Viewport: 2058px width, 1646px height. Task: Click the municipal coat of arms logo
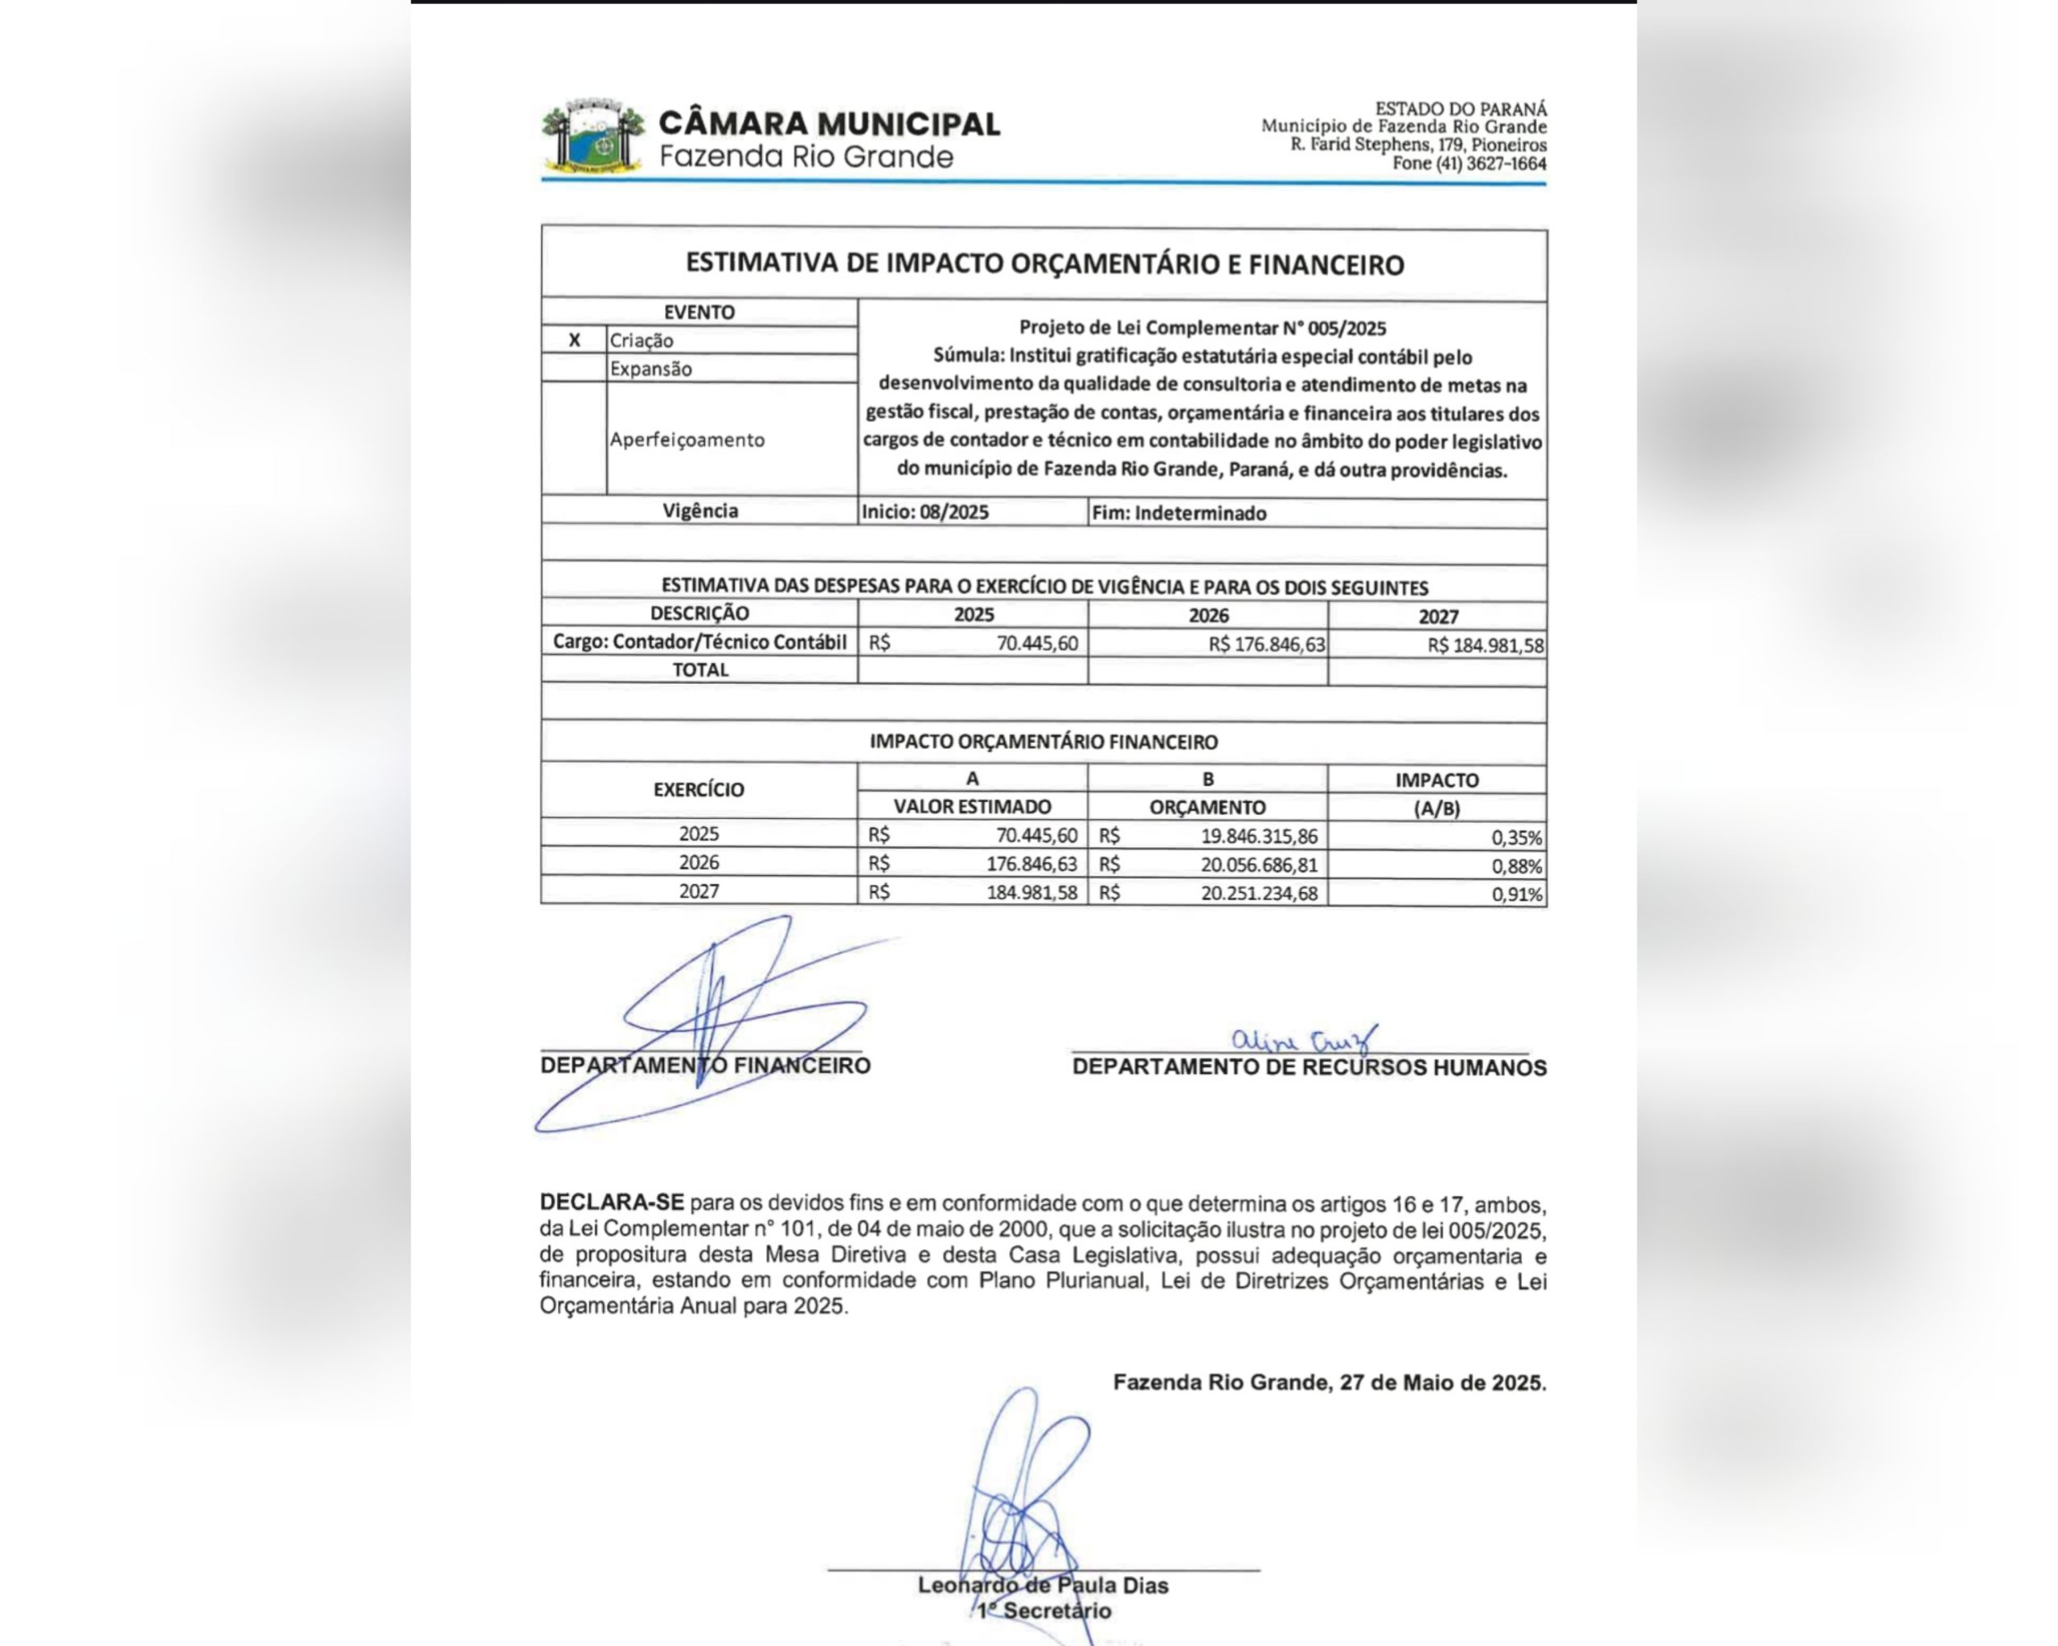592,137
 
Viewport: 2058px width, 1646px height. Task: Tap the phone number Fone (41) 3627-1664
1469,163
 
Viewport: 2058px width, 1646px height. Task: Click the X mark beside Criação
574,341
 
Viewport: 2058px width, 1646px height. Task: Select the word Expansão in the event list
651,369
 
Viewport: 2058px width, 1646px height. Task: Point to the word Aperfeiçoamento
687,440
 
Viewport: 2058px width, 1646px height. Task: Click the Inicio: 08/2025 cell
925,513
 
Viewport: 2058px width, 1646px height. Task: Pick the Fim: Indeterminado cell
1179,514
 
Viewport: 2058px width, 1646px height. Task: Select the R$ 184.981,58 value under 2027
1486,646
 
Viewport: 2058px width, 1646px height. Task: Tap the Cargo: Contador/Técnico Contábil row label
699,642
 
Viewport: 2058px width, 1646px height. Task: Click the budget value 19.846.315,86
1259,837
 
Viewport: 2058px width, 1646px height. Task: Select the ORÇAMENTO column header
1207,807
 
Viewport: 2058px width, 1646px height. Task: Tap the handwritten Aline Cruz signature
1304,1039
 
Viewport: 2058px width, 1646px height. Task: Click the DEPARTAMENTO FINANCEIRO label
705,1066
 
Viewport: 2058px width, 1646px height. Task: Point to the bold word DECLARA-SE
612,1202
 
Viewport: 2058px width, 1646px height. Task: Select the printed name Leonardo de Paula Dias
1043,1585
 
